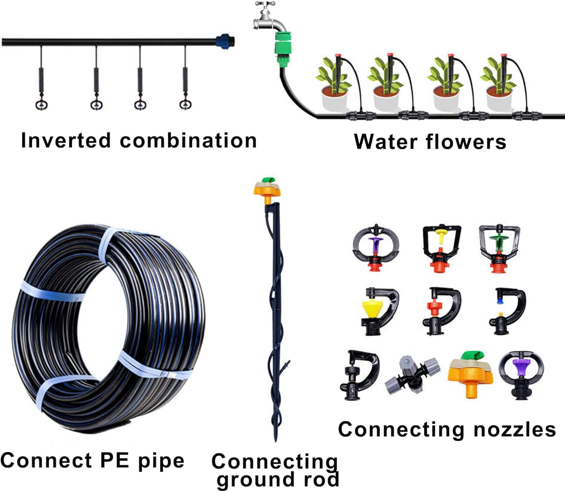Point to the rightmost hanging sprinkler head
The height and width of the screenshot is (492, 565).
(185, 104)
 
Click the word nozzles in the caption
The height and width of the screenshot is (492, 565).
(514, 429)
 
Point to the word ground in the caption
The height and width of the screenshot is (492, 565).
(250, 480)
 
